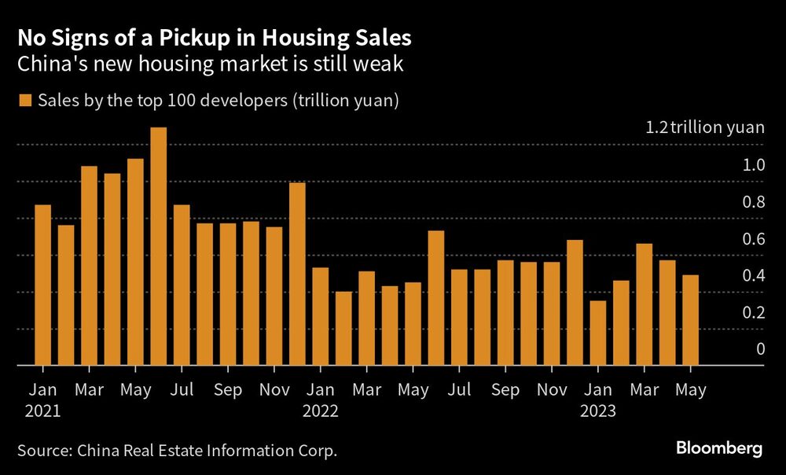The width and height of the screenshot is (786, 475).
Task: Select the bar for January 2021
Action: pos(43,285)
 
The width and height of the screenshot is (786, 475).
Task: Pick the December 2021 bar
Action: pos(297,274)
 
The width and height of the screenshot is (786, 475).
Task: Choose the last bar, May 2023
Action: pos(690,320)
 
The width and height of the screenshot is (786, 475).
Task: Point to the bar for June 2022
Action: pos(436,298)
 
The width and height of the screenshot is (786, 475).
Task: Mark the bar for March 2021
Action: pos(89,266)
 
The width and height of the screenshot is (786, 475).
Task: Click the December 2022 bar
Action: pos(575,303)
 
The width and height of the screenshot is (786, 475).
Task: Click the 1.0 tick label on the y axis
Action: pos(754,165)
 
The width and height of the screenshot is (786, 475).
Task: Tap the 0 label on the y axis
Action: pos(760,349)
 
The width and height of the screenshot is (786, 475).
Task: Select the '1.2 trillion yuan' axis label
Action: pos(704,128)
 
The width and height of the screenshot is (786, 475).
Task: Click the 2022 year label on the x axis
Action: pos(320,411)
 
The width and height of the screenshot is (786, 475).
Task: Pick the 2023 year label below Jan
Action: pos(597,411)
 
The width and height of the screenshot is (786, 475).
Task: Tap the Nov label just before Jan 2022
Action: pos(274,389)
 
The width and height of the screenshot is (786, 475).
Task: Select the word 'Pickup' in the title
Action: pos(178,37)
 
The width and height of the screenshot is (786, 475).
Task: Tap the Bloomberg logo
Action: pos(719,449)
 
